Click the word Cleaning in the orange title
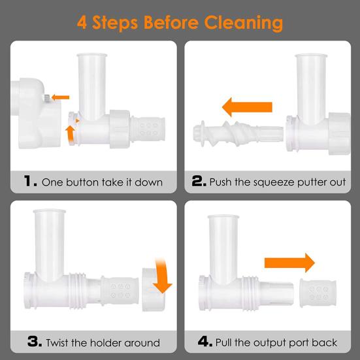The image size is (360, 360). click(x=243, y=24)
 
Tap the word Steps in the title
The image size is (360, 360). click(x=115, y=24)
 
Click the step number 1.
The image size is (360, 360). click(x=30, y=181)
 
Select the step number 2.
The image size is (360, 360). click(x=199, y=181)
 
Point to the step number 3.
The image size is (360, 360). click(x=35, y=341)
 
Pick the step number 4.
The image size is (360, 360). click(x=205, y=342)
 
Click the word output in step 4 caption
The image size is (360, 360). click(x=270, y=343)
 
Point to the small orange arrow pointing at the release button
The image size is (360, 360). click(x=60, y=97)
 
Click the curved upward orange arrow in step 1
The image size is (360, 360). click(x=71, y=134)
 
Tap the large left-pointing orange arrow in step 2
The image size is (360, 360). click(x=247, y=107)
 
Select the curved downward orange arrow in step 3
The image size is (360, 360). click(x=162, y=276)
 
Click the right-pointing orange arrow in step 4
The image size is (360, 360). click(x=289, y=263)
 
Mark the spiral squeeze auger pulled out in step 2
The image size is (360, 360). click(x=238, y=134)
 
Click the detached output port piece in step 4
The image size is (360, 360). click(x=318, y=293)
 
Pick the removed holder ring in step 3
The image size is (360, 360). click(x=152, y=289)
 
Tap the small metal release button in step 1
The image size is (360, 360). click(x=46, y=98)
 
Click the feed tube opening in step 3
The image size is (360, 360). click(x=50, y=211)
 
